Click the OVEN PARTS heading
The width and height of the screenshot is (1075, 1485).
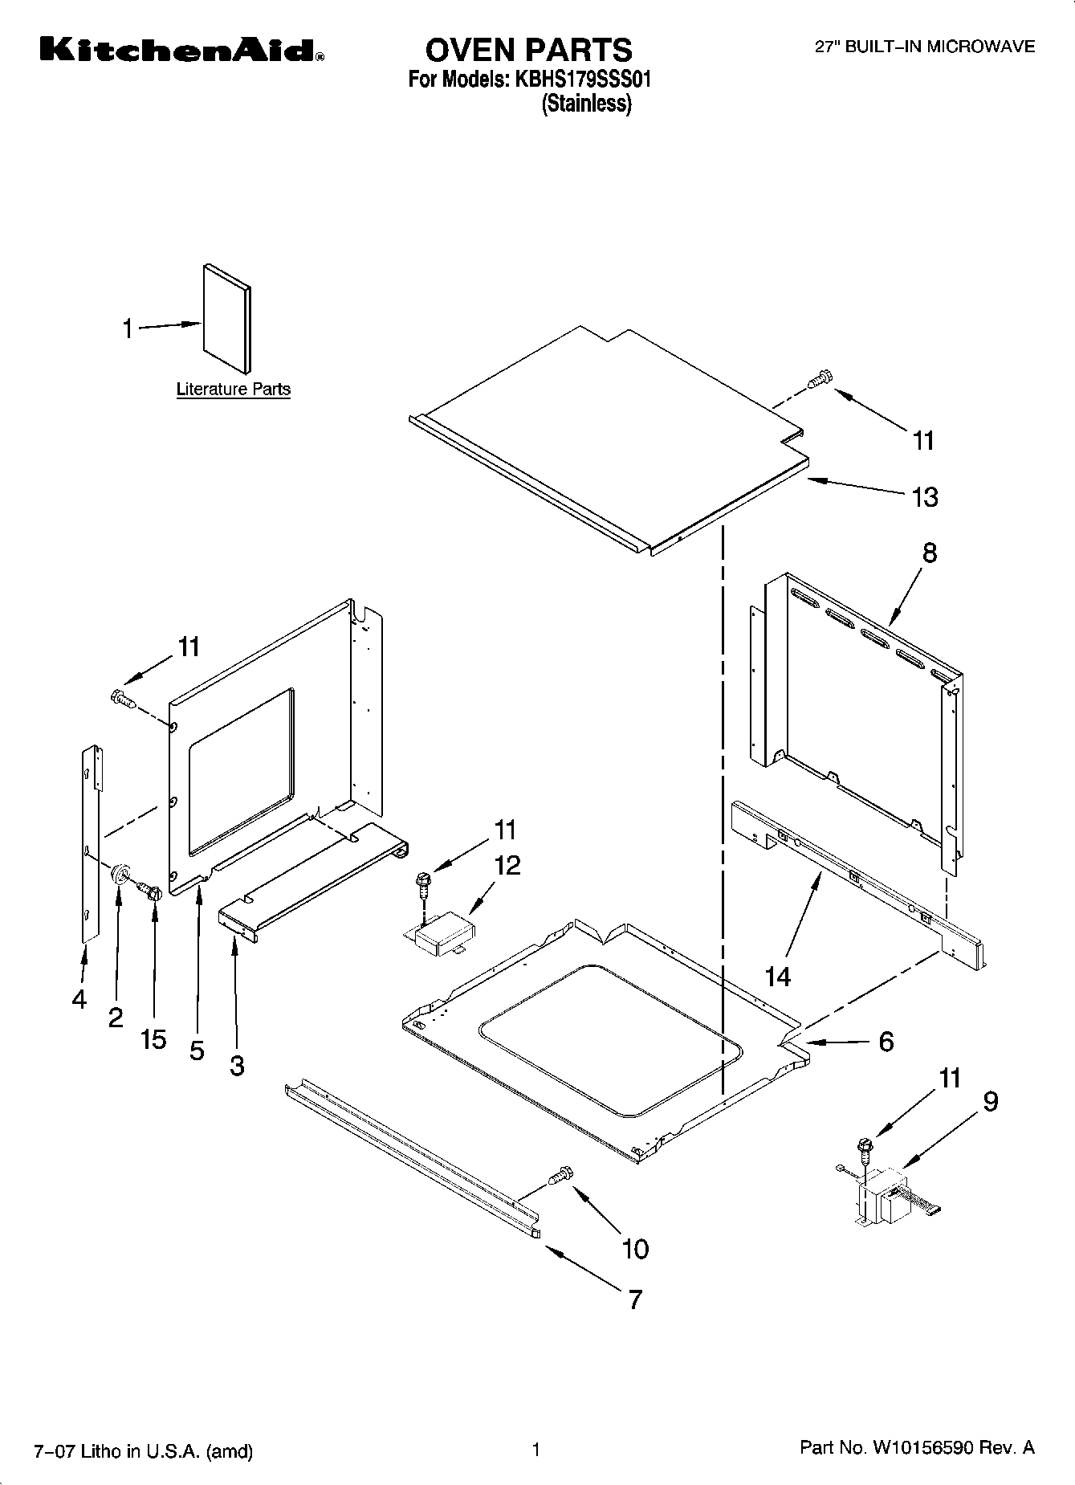tap(528, 50)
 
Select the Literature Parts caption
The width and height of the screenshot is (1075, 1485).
tap(233, 390)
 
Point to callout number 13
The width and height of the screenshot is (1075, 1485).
tap(925, 497)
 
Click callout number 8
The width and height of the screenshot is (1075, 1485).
tap(929, 553)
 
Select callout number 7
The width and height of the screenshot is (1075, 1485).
tap(635, 1299)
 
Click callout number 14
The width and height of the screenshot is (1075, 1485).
tap(778, 977)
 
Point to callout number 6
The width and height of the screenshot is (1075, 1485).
tap(886, 1042)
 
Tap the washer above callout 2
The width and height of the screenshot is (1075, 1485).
tap(121, 874)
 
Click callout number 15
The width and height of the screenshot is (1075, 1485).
tap(153, 1039)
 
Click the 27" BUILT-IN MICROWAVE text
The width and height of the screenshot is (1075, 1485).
tap(925, 47)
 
